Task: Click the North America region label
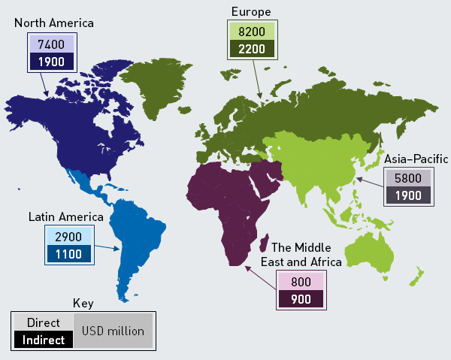tap(53, 23)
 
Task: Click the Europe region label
tap(252, 11)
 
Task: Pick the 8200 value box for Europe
tap(251, 33)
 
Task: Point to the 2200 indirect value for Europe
tap(251, 50)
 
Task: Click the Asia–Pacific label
tap(416, 159)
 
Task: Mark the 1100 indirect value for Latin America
tap(68, 254)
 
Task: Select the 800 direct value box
tap(300, 282)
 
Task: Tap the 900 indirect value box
tap(300, 299)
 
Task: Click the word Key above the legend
tap(83, 304)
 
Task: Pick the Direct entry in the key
tap(43, 322)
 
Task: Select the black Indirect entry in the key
tap(43, 340)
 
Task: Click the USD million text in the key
tap(113, 331)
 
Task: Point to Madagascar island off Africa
tap(265, 242)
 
